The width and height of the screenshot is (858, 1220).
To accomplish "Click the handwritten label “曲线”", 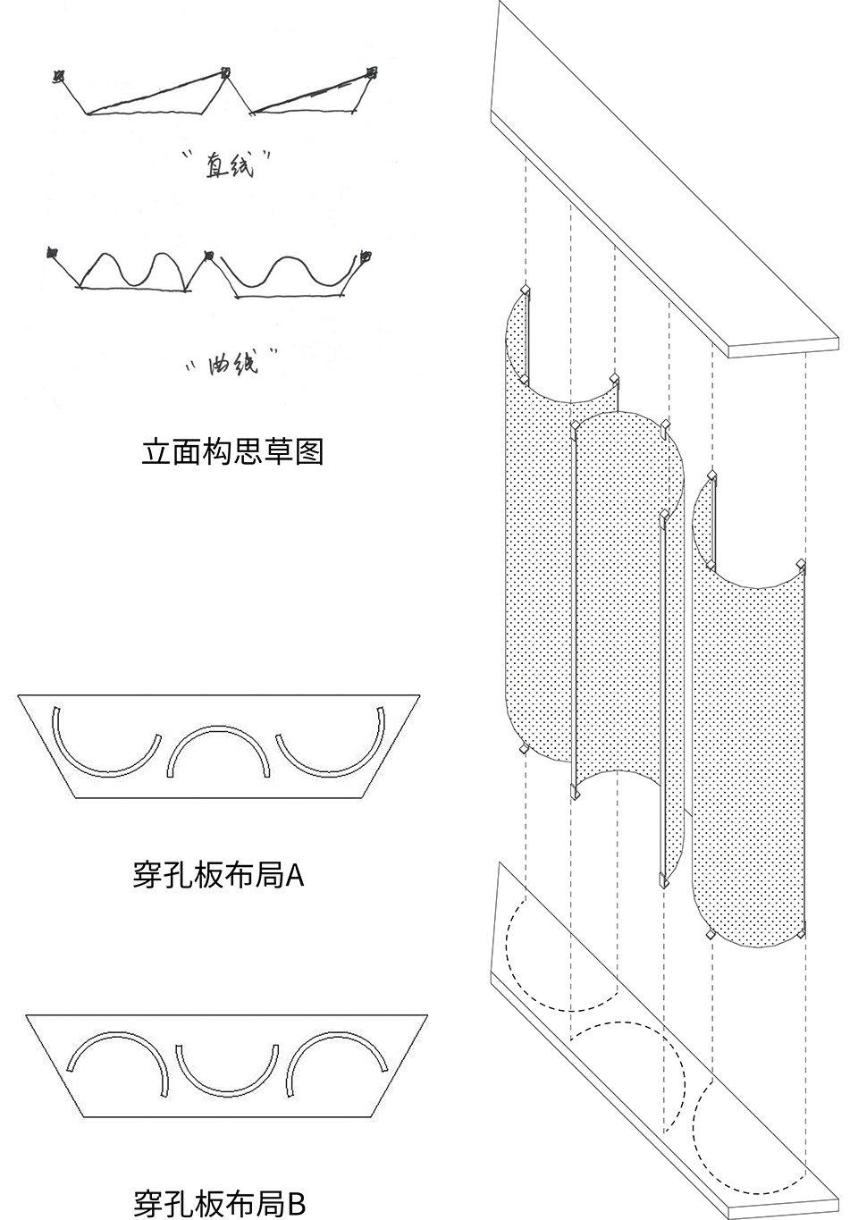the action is (231, 360).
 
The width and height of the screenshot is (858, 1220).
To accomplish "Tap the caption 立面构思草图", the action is (232, 451).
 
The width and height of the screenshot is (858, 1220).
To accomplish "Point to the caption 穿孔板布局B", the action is (219, 1202).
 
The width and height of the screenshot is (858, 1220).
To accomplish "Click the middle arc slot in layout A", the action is (218, 728).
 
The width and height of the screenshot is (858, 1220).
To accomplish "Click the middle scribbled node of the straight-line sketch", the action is (225, 72).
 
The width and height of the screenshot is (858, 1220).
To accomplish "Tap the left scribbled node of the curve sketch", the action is (52, 252).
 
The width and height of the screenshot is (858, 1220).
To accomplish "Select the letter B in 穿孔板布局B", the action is (297, 1203).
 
